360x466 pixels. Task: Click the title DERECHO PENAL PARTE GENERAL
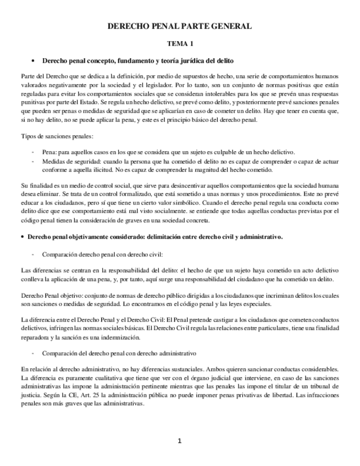180,26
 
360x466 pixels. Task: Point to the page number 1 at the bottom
179,441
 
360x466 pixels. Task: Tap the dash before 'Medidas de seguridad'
35,162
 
